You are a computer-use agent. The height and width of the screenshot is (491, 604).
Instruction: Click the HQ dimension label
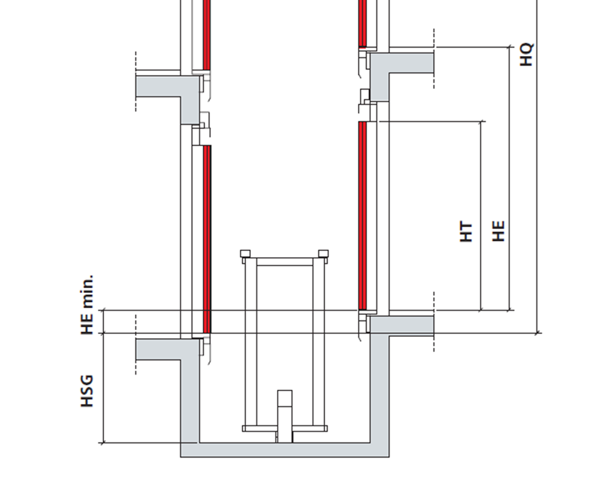(527, 54)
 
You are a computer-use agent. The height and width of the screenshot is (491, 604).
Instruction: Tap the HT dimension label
(466, 231)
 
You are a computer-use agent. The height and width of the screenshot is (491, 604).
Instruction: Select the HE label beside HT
(499, 231)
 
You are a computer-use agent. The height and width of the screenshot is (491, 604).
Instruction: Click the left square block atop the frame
(245, 253)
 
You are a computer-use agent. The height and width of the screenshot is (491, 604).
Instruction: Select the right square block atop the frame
(323, 253)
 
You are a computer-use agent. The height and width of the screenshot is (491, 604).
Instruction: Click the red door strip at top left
(206, 34)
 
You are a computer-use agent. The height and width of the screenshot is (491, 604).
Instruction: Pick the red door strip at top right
(362, 23)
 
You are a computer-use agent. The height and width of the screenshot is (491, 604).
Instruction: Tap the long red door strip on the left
(206, 238)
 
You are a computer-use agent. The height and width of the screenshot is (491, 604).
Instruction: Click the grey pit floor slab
(284, 450)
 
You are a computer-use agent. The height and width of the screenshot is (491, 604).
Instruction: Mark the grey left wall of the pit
(189, 396)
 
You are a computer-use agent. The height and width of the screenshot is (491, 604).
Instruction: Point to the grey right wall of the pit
(380, 396)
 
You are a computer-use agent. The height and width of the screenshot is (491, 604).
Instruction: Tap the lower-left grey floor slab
(158, 349)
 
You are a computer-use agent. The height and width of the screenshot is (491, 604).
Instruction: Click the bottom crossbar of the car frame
(284, 428)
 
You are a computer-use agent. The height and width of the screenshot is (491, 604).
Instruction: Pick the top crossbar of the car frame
(284, 262)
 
